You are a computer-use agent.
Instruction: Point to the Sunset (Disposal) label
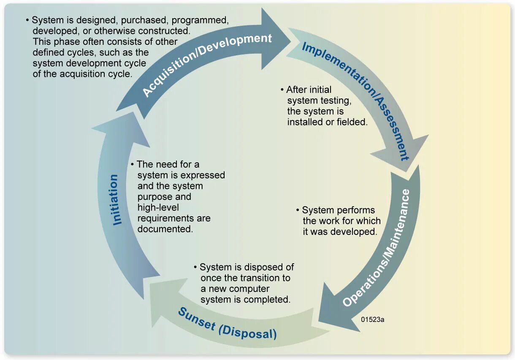[x=227, y=324]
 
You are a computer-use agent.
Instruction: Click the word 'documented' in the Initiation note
[x=164, y=229]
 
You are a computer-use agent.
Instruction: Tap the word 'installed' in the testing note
[x=304, y=122]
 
